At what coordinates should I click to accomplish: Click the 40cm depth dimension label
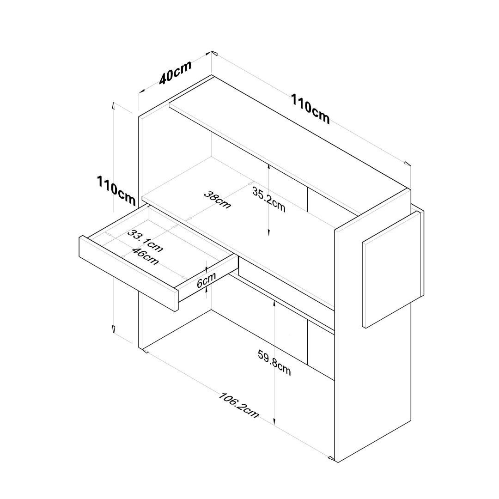(x=176, y=72)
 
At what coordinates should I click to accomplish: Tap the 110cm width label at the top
(x=310, y=109)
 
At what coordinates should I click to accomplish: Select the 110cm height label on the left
(x=116, y=190)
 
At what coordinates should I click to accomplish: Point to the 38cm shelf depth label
(x=217, y=200)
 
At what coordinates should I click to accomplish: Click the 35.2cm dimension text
(x=268, y=200)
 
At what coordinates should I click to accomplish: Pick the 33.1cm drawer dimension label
(x=145, y=241)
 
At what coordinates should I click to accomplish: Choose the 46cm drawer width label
(x=145, y=256)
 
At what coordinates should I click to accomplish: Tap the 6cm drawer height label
(x=206, y=280)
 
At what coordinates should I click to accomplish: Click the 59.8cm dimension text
(x=274, y=363)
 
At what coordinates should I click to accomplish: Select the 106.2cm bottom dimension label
(x=238, y=405)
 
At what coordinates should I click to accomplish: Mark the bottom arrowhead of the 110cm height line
(x=113, y=329)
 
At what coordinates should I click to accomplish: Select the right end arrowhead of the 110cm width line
(x=408, y=164)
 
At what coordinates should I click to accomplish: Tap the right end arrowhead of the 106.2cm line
(x=332, y=458)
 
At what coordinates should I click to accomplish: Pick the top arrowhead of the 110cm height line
(x=113, y=106)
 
